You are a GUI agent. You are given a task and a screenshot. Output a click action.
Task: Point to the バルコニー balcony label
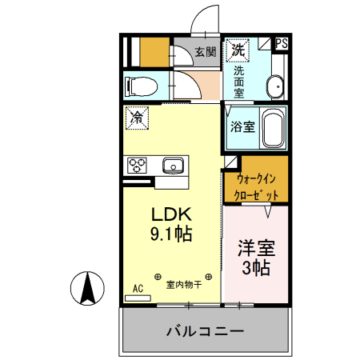204,330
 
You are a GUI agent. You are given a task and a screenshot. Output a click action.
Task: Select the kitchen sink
174,166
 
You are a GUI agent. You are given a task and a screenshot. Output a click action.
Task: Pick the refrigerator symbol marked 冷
137,117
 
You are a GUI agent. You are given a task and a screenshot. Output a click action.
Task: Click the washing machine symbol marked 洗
238,50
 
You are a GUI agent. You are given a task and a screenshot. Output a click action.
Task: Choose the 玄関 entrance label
206,52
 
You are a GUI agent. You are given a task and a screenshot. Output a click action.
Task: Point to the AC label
137,288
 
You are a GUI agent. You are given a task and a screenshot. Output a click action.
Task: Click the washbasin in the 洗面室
275,86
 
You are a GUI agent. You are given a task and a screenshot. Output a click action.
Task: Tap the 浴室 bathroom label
242,126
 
